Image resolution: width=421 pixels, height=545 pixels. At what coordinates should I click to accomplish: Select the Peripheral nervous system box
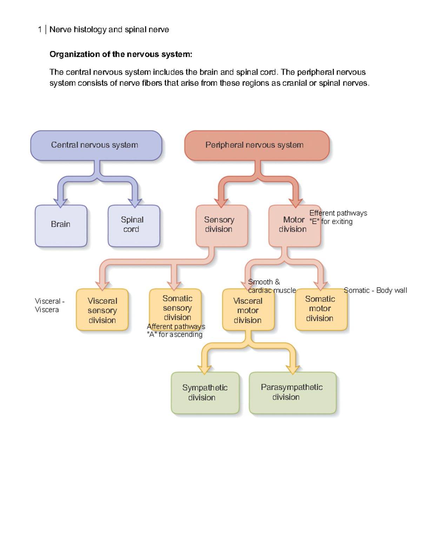tap(256, 145)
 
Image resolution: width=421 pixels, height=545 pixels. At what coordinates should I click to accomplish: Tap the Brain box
tap(61, 225)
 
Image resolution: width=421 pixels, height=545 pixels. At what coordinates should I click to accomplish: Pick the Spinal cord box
tap(133, 225)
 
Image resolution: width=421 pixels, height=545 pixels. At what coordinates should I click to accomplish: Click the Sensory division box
tap(221, 225)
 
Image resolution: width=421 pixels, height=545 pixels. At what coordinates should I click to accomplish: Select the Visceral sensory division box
tap(102, 310)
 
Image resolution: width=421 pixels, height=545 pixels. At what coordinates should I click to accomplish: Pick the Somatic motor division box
tap(321, 309)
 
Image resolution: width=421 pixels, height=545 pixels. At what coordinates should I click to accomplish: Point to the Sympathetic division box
tap(205, 393)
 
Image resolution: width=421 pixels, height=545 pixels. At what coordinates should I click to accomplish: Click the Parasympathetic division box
tap(292, 393)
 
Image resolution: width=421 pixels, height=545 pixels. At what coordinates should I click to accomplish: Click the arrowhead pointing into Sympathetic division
tap(204, 370)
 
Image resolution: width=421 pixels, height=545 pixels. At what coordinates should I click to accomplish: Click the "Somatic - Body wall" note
tap(375, 290)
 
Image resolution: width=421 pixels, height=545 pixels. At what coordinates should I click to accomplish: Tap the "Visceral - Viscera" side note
tap(49, 305)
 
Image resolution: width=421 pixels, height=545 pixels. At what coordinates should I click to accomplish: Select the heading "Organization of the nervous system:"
tap(121, 54)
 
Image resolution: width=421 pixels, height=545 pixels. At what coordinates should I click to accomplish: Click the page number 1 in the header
tap(40, 29)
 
